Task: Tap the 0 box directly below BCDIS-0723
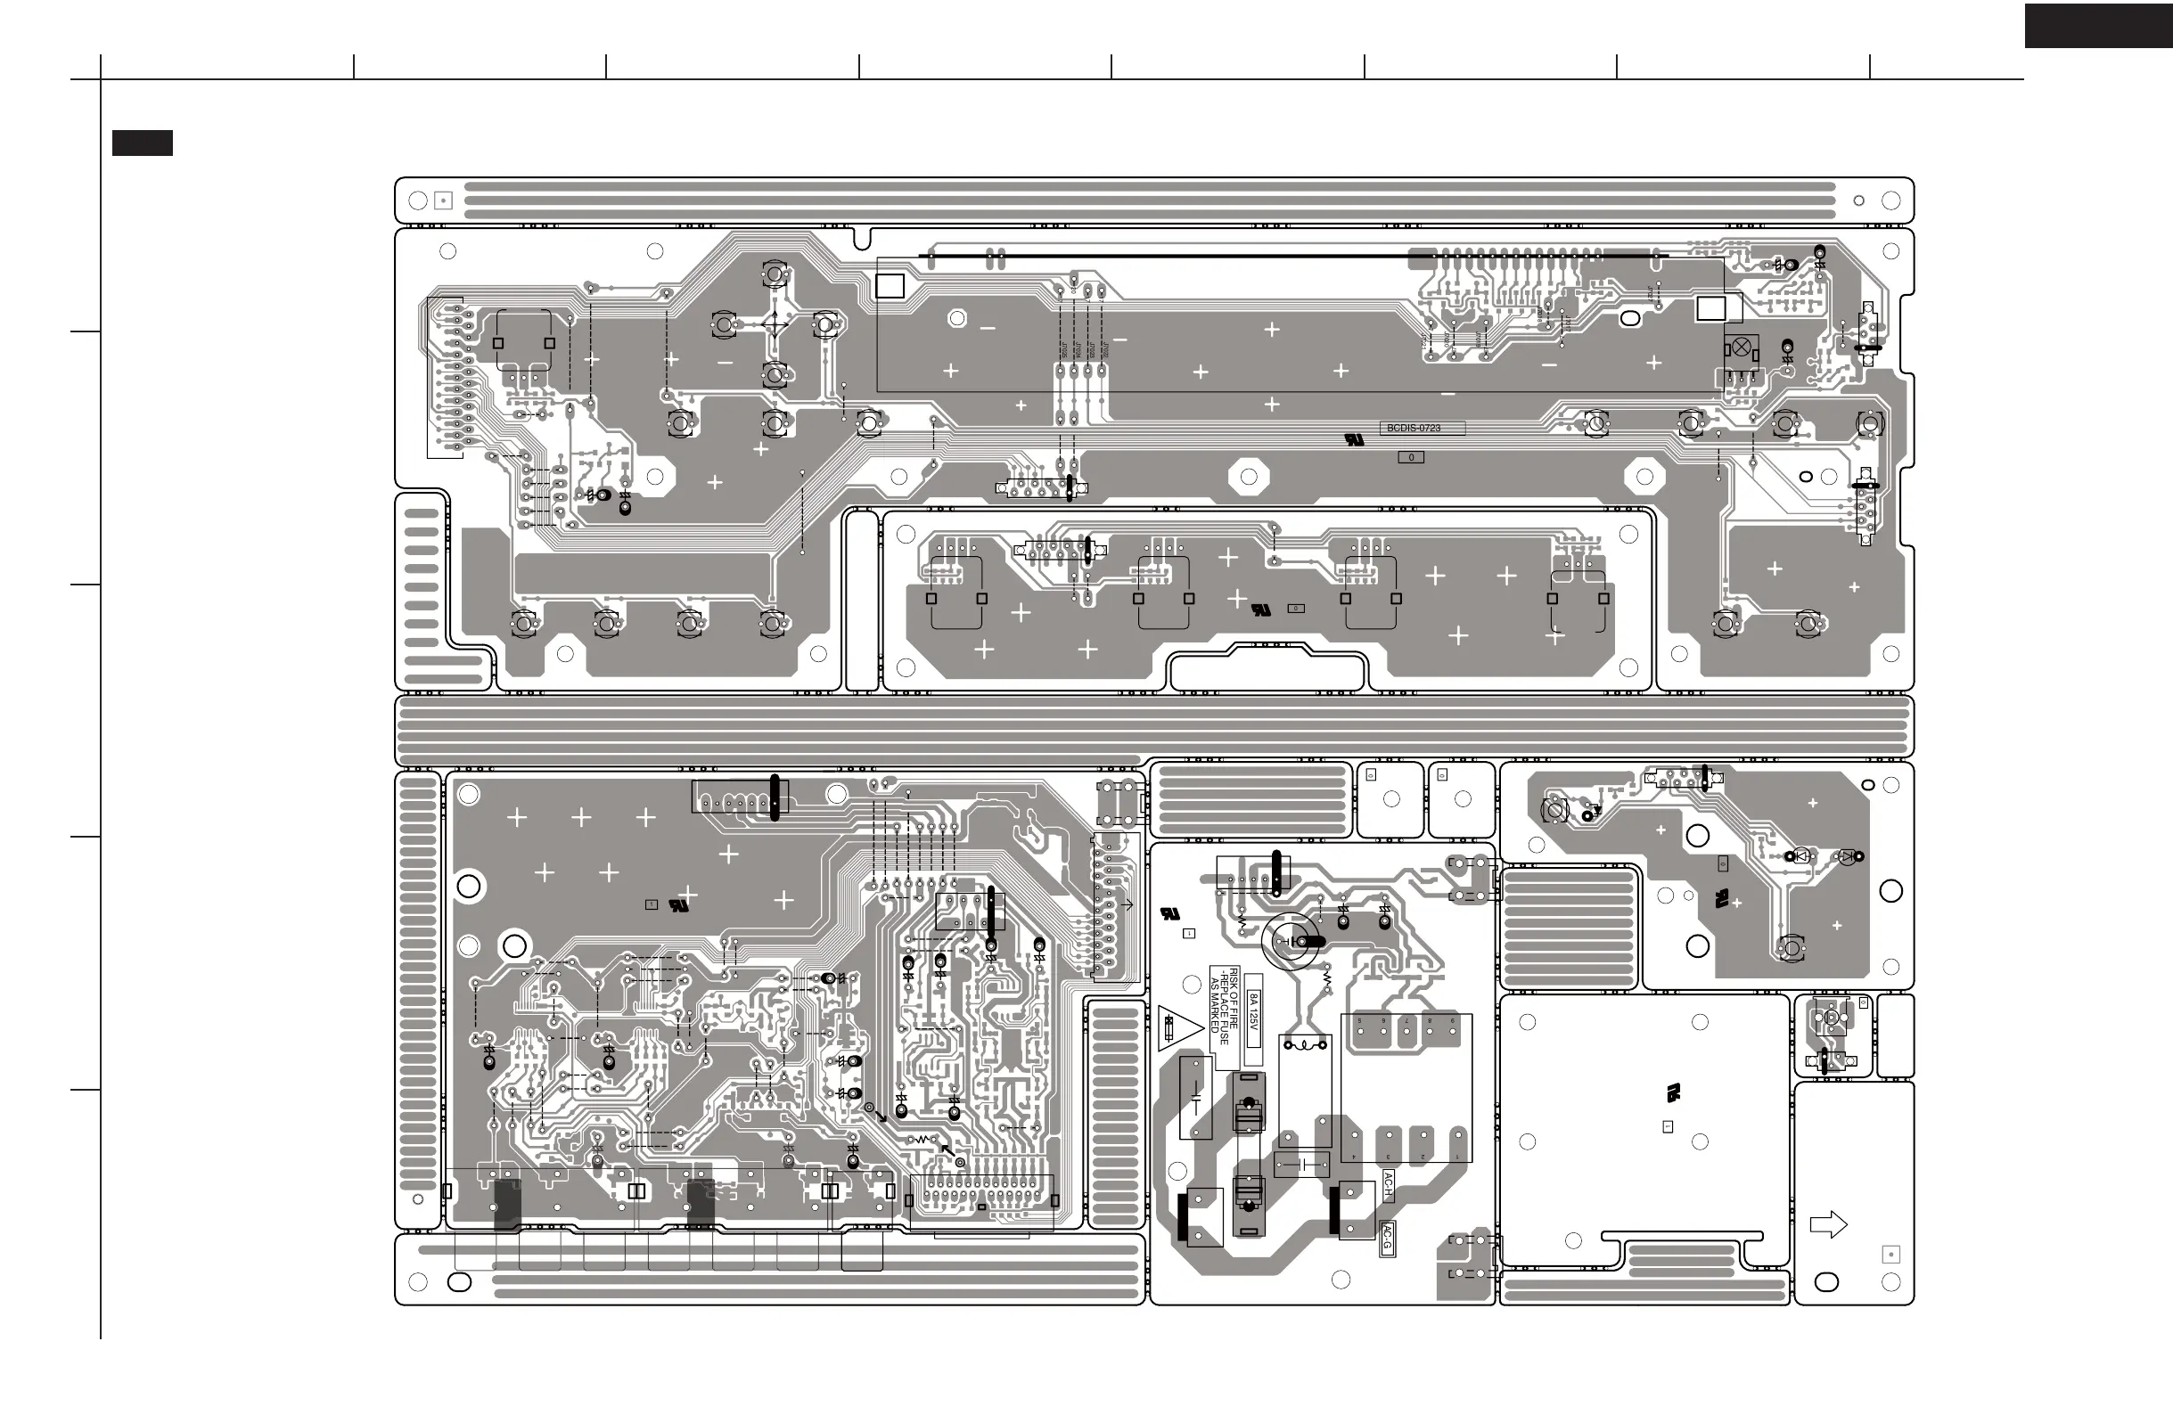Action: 1411,457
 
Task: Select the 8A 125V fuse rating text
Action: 1253,1012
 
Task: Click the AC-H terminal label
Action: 1388,1185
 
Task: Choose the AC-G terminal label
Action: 1387,1239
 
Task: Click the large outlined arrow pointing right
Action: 1828,1224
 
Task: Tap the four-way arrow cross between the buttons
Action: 775,324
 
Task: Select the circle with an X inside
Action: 1741,348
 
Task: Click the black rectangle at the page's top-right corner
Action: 2097,26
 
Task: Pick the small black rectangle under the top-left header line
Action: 143,143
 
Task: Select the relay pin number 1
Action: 1457,1157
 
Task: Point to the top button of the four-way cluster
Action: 775,274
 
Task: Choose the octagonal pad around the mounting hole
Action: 1249,476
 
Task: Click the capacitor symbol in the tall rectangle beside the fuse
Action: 1195,1096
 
